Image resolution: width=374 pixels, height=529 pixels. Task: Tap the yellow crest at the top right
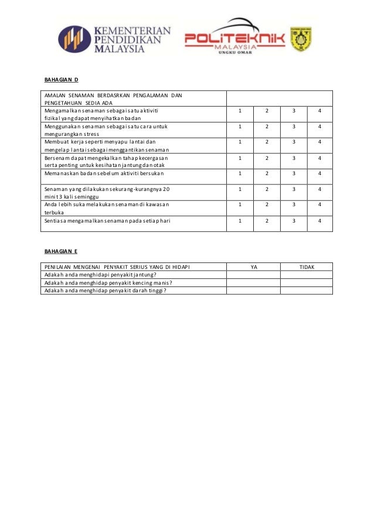300,39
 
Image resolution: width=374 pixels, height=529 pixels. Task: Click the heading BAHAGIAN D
61,79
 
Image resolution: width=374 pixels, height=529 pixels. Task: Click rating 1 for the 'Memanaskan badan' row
240,173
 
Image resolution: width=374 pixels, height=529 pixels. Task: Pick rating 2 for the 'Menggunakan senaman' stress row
267,126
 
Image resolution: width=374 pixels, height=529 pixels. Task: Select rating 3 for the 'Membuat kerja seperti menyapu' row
293,142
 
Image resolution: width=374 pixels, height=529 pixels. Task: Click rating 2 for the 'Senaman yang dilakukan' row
267,189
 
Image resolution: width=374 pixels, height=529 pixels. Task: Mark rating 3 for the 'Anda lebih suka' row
293,205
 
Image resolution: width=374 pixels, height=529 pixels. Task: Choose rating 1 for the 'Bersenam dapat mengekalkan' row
240,158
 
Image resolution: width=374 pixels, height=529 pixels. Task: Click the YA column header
254,267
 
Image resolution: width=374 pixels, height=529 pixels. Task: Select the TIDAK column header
307,267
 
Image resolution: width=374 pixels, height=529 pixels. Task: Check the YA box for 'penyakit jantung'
254,274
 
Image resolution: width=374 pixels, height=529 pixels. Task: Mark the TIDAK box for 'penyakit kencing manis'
307,282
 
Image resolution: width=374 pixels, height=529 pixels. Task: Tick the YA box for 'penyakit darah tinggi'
254,289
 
